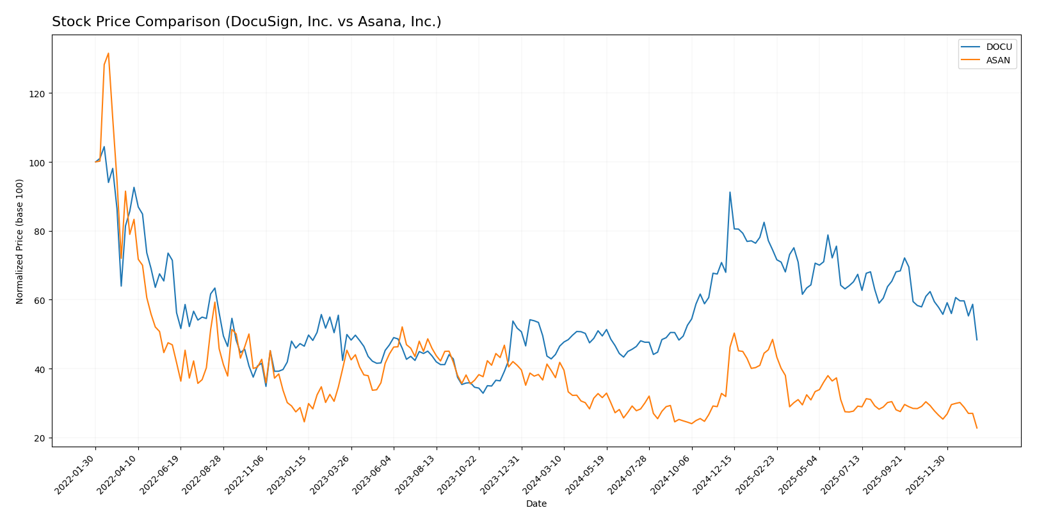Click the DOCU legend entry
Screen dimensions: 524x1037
pos(998,47)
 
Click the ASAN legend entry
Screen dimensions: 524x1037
pos(998,61)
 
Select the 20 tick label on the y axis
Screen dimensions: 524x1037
pos(40,438)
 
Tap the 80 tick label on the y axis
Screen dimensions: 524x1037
pos(40,232)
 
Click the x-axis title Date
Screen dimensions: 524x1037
pos(536,504)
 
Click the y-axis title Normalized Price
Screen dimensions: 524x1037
pos(20,241)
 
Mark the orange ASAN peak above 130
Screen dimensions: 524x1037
pos(108,53)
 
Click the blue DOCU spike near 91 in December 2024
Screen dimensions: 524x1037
pos(730,192)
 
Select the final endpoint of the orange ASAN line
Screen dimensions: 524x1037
pos(977,428)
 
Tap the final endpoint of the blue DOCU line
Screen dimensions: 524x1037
pos(977,340)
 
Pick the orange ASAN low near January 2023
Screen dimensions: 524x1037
pos(304,422)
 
